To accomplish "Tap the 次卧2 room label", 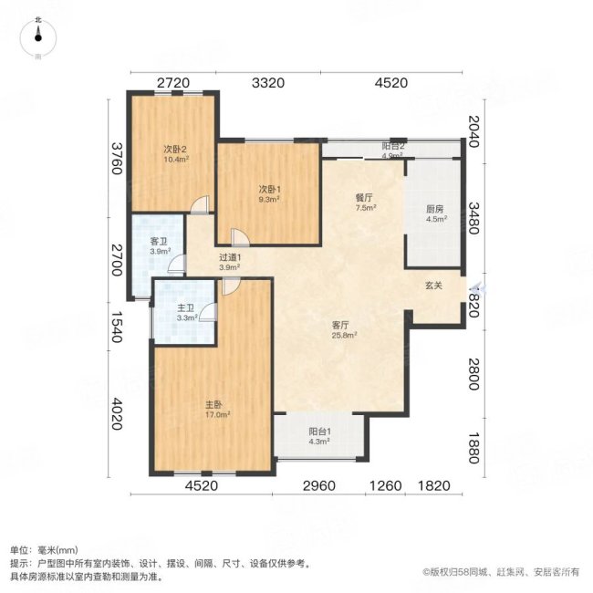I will click(x=175, y=153).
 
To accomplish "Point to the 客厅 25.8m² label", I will click(x=343, y=329).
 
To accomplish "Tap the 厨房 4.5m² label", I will click(x=436, y=213).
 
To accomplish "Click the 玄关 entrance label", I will click(x=433, y=286).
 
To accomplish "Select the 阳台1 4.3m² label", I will click(x=318, y=437).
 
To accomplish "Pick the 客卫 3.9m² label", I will click(x=159, y=245).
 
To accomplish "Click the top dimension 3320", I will click(x=268, y=84).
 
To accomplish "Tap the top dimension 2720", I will click(x=173, y=84).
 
